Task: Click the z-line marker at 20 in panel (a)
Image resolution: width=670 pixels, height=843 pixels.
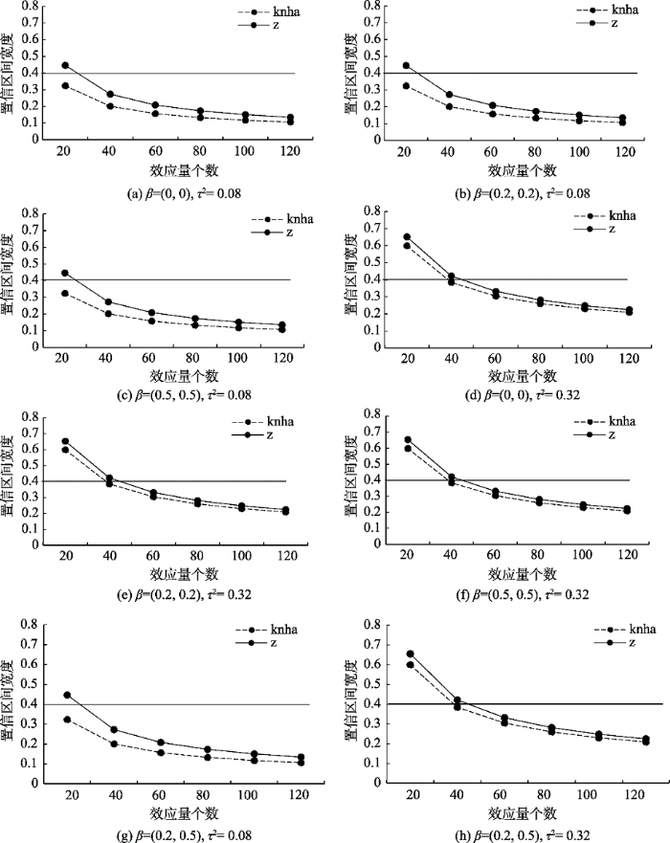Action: click(66, 65)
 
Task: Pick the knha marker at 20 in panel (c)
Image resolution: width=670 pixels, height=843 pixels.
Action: click(66, 293)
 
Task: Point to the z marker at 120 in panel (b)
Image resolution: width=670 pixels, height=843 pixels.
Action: click(622, 118)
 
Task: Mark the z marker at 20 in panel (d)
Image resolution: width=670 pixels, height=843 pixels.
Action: click(406, 236)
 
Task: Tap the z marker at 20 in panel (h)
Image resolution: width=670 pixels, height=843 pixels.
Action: click(411, 654)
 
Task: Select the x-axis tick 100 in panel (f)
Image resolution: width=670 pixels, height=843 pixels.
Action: click(578, 557)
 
